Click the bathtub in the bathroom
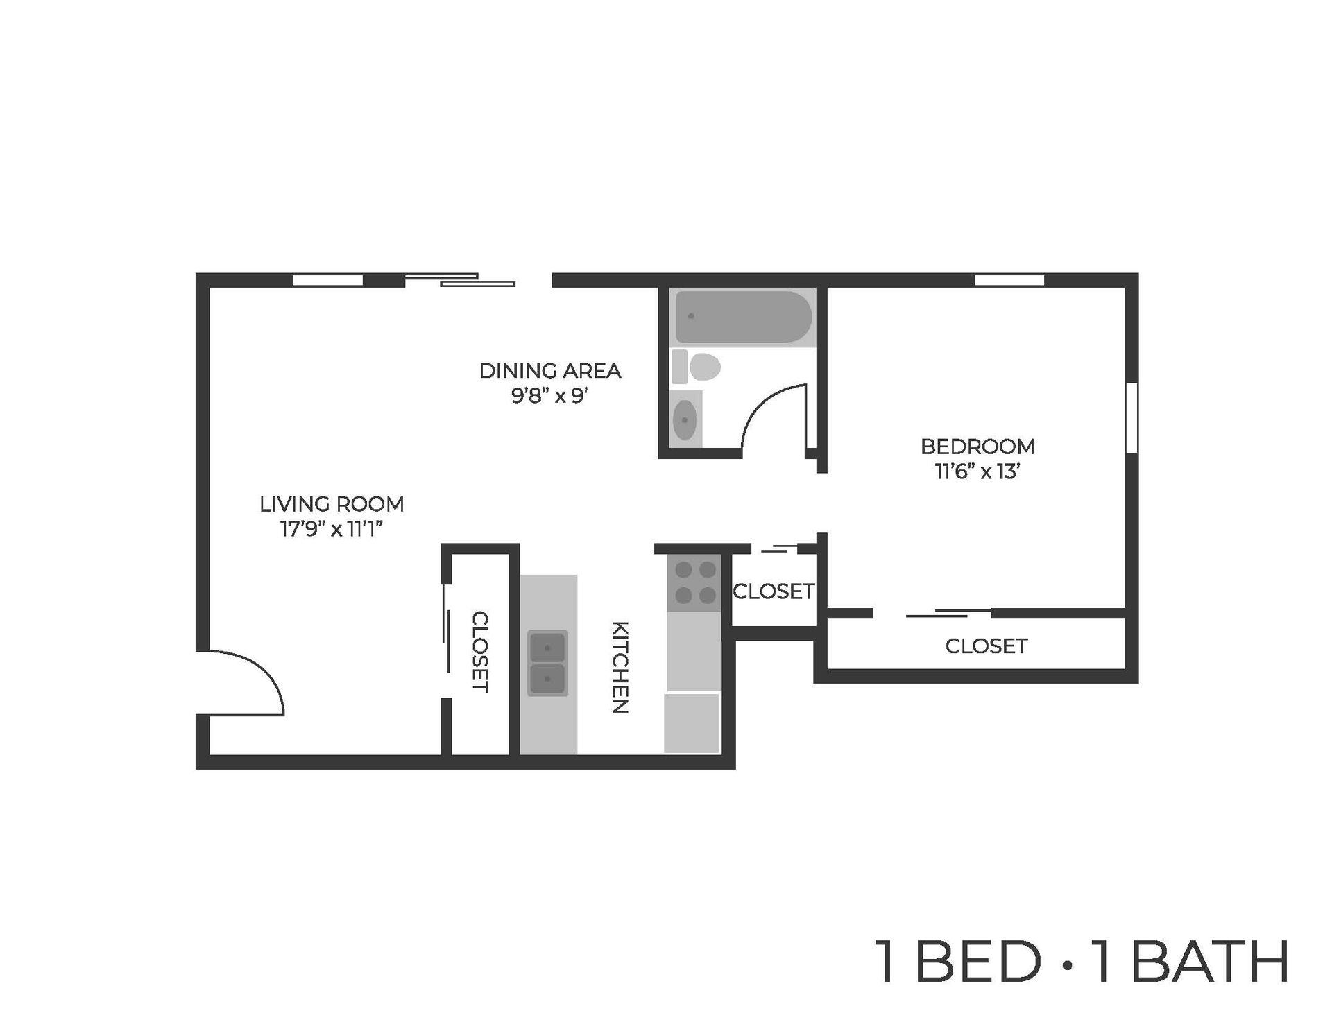tap(743, 316)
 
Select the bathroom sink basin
tap(685, 419)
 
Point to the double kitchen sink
tap(548, 663)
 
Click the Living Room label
tap(332, 504)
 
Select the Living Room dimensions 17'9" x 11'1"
tap(332, 529)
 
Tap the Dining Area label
tap(550, 371)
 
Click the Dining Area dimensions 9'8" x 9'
tap(550, 396)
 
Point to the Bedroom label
tap(977, 447)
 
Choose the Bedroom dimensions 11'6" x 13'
tap(977, 471)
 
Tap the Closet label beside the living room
tap(480, 652)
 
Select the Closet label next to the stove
tap(774, 591)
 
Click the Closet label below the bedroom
tap(986, 646)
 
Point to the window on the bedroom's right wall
tap(1131, 417)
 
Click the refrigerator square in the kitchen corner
tap(692, 723)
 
